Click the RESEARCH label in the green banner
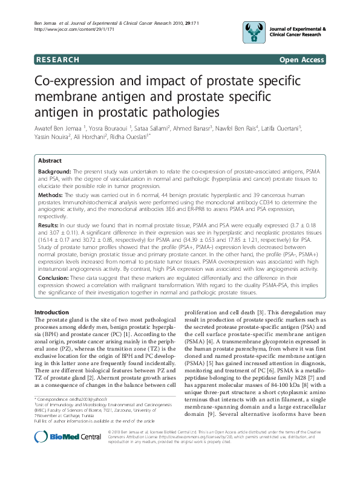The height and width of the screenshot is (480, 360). tap(57, 60)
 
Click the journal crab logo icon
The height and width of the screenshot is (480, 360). tap(255, 30)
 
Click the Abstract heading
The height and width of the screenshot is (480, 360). tap(50, 161)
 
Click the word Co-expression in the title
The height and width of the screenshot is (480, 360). tap(80, 82)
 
